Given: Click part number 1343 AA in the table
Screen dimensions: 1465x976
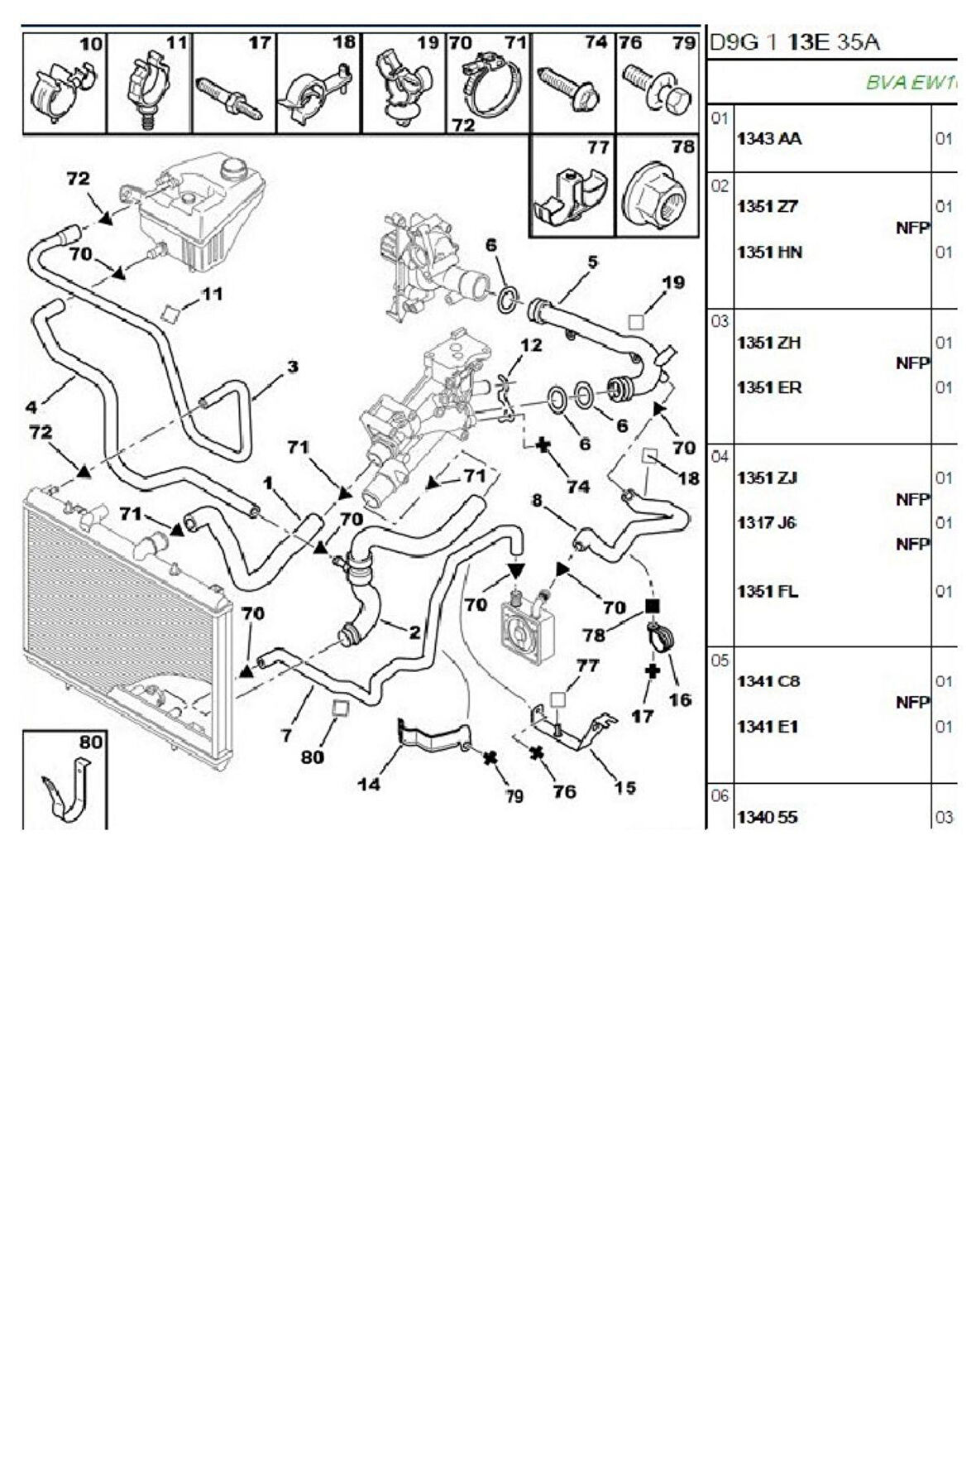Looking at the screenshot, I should (768, 139).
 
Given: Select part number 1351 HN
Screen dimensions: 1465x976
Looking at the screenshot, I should (769, 252).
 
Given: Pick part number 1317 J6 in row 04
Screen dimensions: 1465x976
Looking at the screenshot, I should (766, 522).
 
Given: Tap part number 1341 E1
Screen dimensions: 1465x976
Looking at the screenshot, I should (767, 727).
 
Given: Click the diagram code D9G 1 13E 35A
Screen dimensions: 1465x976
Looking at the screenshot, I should (794, 42).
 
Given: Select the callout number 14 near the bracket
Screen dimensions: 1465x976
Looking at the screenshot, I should (369, 783).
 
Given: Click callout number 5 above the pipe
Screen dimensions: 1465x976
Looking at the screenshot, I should (592, 262).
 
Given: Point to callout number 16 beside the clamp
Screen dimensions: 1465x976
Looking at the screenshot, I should (679, 700).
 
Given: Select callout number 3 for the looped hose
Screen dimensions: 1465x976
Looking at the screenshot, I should (292, 367).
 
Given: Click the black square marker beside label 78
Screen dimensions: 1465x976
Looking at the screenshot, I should (652, 607).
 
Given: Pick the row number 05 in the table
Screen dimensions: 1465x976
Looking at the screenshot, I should (720, 660).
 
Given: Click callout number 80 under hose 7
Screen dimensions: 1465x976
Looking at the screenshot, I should (313, 757).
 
